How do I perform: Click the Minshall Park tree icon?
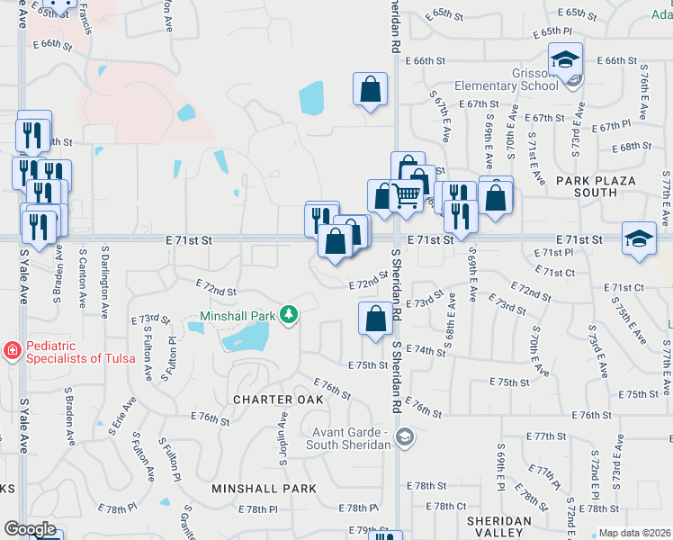(x=289, y=314)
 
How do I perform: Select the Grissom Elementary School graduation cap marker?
(x=566, y=60)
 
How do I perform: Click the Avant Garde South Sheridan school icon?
(x=406, y=437)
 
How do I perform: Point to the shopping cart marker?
(x=408, y=193)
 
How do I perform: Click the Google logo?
(x=31, y=529)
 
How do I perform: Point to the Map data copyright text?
(x=634, y=533)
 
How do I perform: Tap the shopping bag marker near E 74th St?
(x=374, y=318)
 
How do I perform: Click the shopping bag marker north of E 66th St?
(x=370, y=89)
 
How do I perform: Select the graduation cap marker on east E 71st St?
(x=639, y=238)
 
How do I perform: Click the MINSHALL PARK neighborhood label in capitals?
(x=264, y=489)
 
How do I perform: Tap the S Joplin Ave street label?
(x=283, y=438)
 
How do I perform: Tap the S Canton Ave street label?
(x=83, y=281)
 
